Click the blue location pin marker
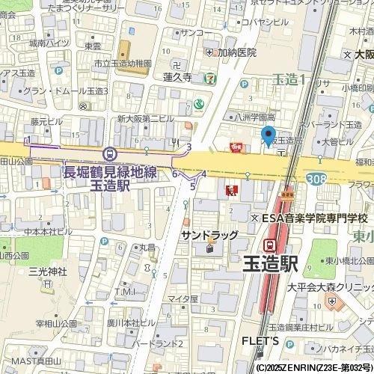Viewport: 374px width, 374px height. click(269, 137)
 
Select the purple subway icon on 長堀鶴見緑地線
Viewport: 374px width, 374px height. click(111, 153)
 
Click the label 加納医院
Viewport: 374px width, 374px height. click(237, 52)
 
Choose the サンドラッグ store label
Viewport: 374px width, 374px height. click(209, 235)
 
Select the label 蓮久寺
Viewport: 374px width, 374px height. click(177, 77)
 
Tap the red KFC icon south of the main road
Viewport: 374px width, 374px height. click(230, 191)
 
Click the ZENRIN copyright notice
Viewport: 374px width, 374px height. click(313, 368)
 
